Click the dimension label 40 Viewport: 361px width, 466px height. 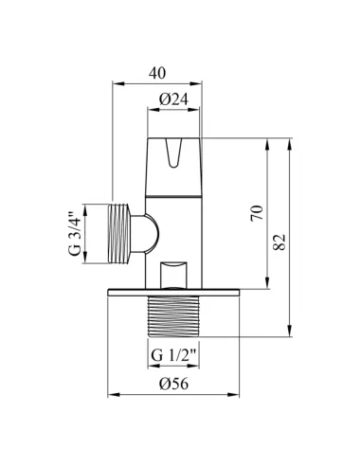click(x=157, y=73)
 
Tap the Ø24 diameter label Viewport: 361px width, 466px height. click(x=173, y=99)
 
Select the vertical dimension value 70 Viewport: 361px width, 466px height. click(x=257, y=213)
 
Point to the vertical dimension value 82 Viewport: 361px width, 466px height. click(x=280, y=242)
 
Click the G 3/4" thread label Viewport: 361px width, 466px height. click(x=75, y=234)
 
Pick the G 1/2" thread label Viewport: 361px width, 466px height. click(x=174, y=355)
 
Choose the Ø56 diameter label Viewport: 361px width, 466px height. click(x=173, y=384)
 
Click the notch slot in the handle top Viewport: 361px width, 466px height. click(x=173, y=152)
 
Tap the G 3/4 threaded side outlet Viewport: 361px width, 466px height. click(x=119, y=234)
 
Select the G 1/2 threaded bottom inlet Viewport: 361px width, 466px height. click(x=173, y=316)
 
